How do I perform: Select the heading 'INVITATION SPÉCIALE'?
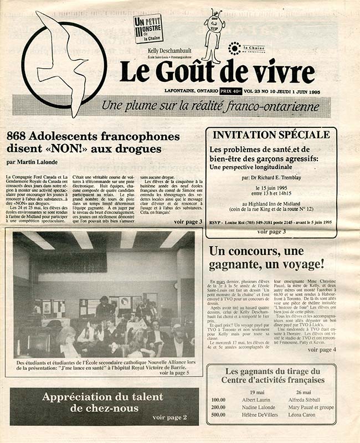click(x=271, y=135)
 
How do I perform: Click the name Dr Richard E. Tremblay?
click(x=275, y=179)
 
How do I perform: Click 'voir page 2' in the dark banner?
click(x=169, y=417)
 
